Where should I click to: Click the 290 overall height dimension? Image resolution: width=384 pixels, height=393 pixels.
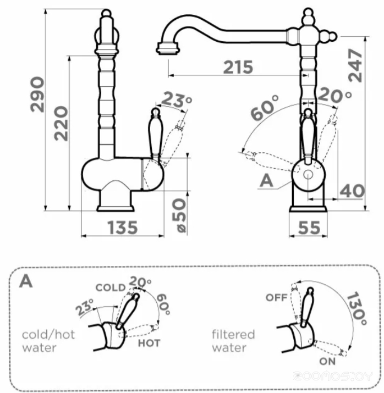pyautogui.click(x=37, y=94)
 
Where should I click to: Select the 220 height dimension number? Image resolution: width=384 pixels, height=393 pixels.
pyautogui.click(x=61, y=123)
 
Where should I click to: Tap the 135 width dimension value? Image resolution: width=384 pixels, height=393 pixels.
pyautogui.click(x=123, y=228)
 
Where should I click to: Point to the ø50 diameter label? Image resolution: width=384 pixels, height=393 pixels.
pyautogui.click(x=179, y=215)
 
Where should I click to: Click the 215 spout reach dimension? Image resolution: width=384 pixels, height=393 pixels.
pyautogui.click(x=238, y=67)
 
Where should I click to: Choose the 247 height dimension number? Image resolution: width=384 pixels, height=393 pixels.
pyautogui.click(x=355, y=65)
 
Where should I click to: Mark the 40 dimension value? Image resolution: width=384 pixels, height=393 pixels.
pyautogui.click(x=352, y=191)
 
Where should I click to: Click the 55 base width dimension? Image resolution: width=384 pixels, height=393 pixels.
pyautogui.click(x=309, y=228)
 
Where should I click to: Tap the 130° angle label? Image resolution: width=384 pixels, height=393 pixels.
pyautogui.click(x=357, y=308)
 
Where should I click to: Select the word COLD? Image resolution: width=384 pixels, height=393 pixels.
pyautogui.click(x=111, y=287)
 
